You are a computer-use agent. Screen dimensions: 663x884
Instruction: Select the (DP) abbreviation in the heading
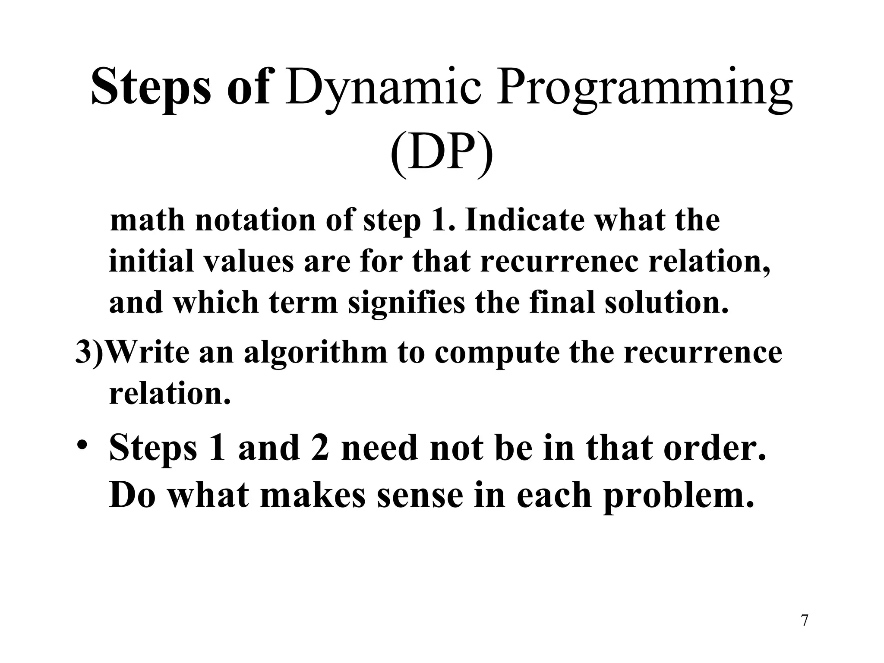point(442,155)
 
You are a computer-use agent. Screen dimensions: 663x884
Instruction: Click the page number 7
point(804,621)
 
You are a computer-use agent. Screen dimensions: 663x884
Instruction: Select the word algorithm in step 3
point(315,352)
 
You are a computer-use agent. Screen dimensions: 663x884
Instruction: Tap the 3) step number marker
point(90,352)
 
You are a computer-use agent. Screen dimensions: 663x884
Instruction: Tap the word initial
point(151,262)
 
